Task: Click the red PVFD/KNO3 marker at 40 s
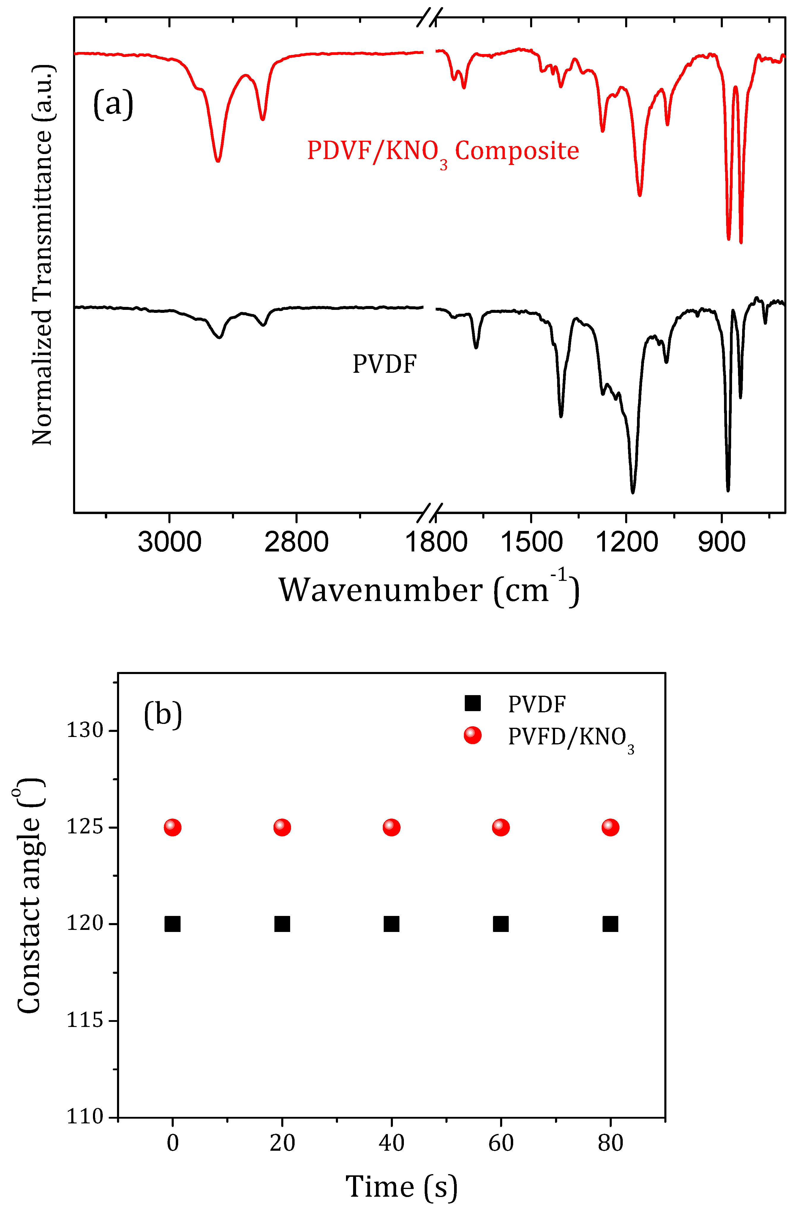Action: click(x=391, y=827)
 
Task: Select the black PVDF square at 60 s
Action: click(x=500, y=924)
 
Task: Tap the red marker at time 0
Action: click(x=173, y=827)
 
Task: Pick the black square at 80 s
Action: click(x=610, y=924)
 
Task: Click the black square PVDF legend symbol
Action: click(x=472, y=703)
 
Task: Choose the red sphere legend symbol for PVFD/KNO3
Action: click(x=472, y=735)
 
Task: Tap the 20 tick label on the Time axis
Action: click(x=282, y=1142)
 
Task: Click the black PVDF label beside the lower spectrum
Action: click(x=385, y=364)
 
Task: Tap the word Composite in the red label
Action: click(x=516, y=151)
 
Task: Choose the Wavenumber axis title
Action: click(x=429, y=590)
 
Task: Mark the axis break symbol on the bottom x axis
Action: click(x=429, y=513)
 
